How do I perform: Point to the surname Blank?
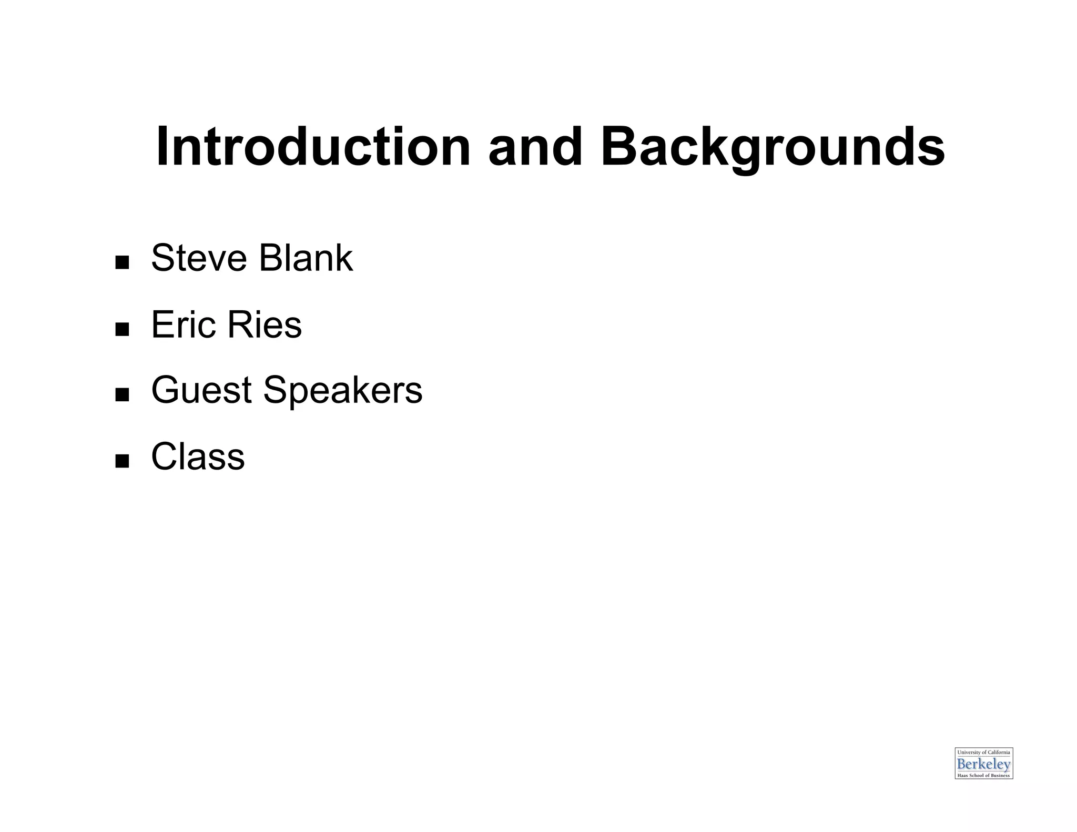[306, 258]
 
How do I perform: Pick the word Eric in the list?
[184, 324]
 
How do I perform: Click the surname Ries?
[264, 324]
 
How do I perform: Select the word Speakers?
[342, 390]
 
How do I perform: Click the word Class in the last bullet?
[198, 456]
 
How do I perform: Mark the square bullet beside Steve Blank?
[122, 262]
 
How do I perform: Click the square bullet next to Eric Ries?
[122, 329]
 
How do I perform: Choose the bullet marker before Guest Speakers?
[122, 394]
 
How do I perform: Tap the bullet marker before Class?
[122, 461]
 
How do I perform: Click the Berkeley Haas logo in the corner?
[983, 763]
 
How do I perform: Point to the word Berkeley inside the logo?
[983, 764]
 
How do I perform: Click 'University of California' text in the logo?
[983, 753]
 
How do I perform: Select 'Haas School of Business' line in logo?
[983, 775]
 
